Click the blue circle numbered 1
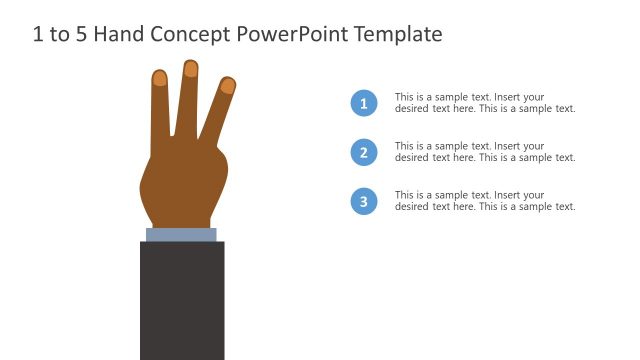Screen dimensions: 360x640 (x=364, y=103)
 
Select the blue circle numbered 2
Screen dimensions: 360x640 (x=364, y=152)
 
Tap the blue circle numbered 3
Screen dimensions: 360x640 (x=364, y=201)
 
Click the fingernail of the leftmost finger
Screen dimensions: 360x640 (x=159, y=78)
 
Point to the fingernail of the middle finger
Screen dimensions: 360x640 (x=190, y=69)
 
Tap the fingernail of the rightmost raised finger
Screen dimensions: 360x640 (x=228, y=86)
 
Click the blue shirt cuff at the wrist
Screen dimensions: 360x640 (x=181, y=235)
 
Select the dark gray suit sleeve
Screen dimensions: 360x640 (x=182, y=300)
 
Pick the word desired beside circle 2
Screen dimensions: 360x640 (x=412, y=158)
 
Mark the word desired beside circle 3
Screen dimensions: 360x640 (x=412, y=207)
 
